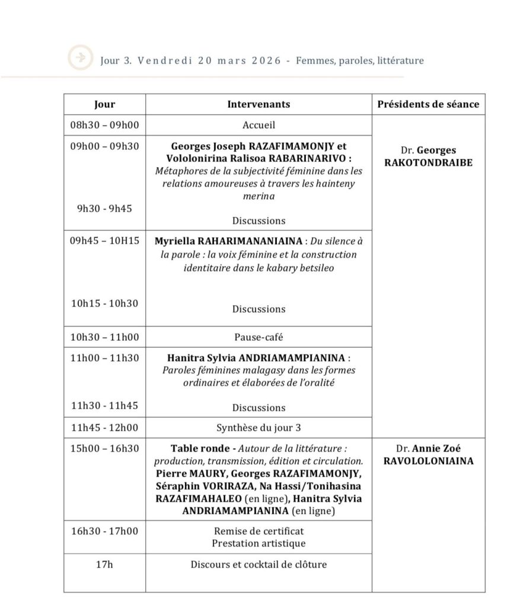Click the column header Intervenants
[x=259, y=104]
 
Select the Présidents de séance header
[x=428, y=104]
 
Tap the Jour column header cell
[x=105, y=104]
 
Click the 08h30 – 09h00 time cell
[x=104, y=125]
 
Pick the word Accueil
[x=259, y=125]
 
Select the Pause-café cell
[x=259, y=337]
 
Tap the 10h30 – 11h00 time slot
[x=104, y=337]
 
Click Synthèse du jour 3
[x=259, y=427]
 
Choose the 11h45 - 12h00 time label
[x=104, y=427]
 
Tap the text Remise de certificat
[x=259, y=531]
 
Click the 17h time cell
[x=104, y=564]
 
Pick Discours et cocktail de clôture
[x=259, y=564]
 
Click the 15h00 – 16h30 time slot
[x=104, y=449]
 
